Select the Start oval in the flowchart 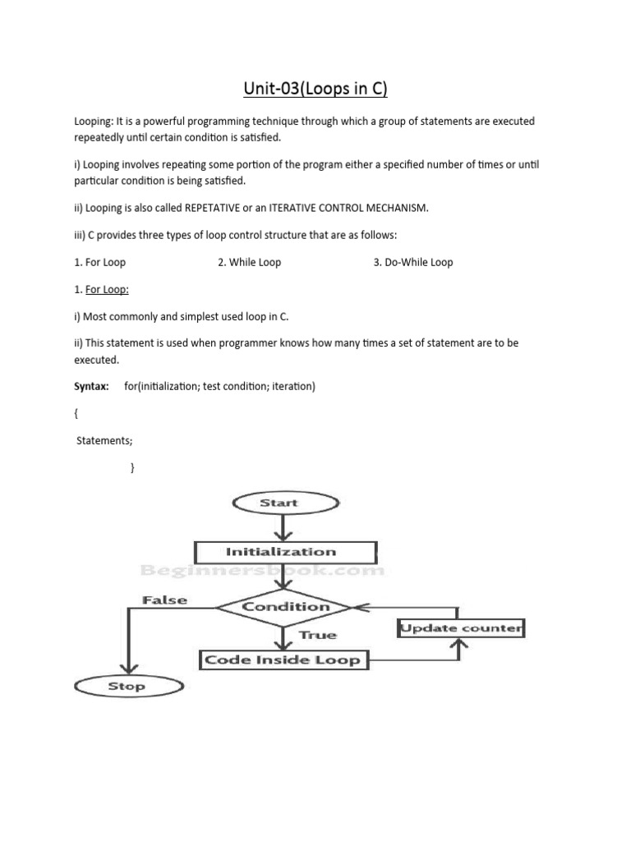[x=279, y=503]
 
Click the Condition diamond [x=284, y=607]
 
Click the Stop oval [x=126, y=686]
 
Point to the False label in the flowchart [x=164, y=600]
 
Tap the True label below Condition [x=318, y=635]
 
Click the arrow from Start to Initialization [x=283, y=526]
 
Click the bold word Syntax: [x=91, y=386]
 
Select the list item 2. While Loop [x=250, y=263]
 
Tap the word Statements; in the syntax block [x=104, y=441]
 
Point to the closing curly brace [x=132, y=468]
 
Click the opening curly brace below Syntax [x=76, y=414]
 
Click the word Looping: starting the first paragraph [x=95, y=122]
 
